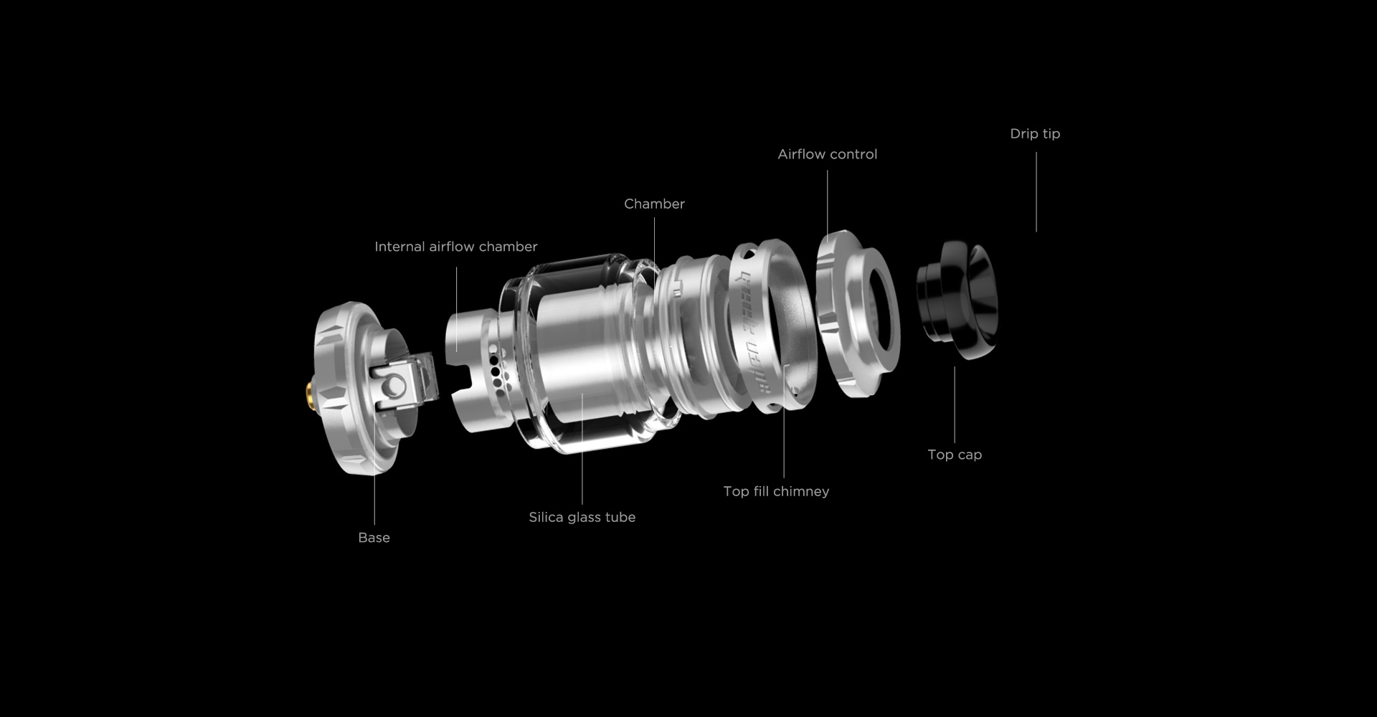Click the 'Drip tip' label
point(1035,134)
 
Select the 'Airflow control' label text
point(828,154)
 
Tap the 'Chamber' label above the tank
point(654,204)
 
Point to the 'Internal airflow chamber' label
point(456,247)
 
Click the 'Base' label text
point(374,538)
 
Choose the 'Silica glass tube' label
point(582,517)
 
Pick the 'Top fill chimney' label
point(776,491)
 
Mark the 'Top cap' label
point(955,455)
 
